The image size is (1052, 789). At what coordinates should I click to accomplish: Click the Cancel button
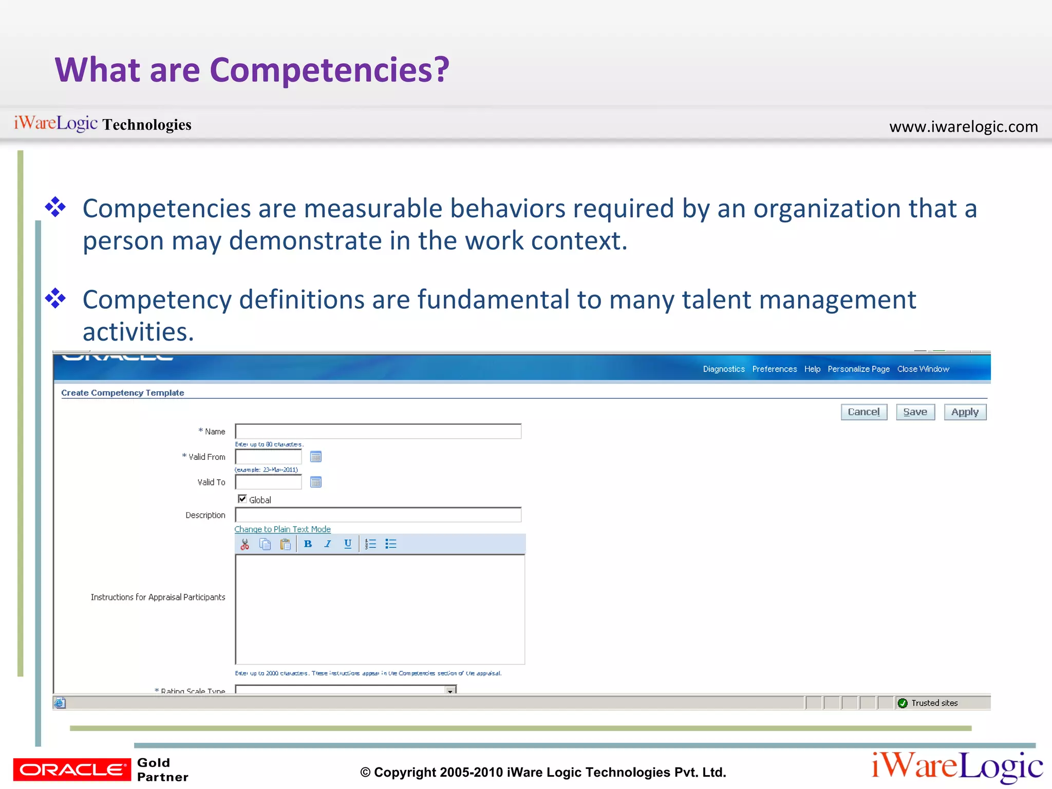click(863, 412)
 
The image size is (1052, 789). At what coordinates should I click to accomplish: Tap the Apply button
click(965, 412)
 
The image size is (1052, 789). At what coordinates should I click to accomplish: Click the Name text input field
click(378, 431)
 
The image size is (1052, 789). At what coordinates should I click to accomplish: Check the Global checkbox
click(242, 499)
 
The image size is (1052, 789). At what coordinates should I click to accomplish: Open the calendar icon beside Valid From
click(316, 457)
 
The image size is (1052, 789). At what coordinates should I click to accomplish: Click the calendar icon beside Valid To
click(316, 482)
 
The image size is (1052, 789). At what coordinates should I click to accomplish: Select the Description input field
click(378, 515)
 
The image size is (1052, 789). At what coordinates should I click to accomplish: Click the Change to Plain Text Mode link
click(283, 529)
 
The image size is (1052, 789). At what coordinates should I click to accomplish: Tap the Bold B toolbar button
click(308, 544)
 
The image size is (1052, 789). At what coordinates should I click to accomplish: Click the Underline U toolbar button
click(348, 544)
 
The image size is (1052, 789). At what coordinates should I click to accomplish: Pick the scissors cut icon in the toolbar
click(245, 544)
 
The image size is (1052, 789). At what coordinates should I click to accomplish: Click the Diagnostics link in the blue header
click(723, 369)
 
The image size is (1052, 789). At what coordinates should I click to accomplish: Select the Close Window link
click(923, 369)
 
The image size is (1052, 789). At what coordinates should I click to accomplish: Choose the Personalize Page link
click(858, 369)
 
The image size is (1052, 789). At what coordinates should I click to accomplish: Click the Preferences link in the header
click(774, 369)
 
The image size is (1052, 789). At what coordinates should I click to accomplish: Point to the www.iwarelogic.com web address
click(963, 126)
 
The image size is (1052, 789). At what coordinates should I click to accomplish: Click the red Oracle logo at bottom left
click(72, 769)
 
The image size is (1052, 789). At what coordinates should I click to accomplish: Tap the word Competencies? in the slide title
click(329, 70)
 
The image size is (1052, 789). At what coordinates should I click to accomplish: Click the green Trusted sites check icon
click(903, 703)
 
